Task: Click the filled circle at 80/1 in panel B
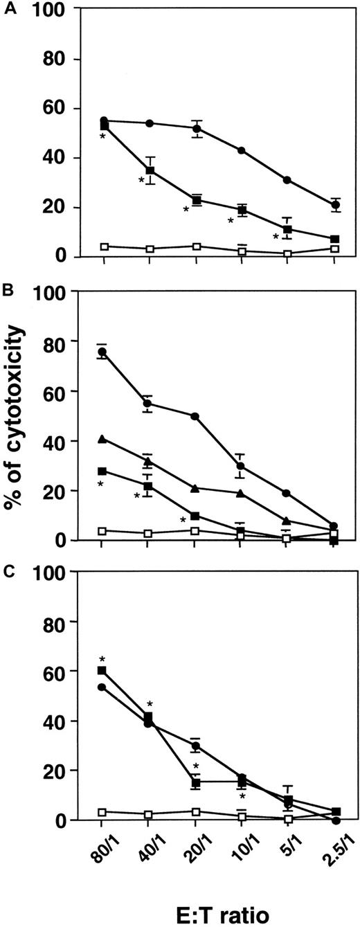click(x=102, y=352)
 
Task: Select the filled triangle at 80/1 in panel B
click(x=102, y=439)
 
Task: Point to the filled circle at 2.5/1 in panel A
click(x=335, y=205)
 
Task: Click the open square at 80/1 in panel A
click(x=104, y=246)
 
